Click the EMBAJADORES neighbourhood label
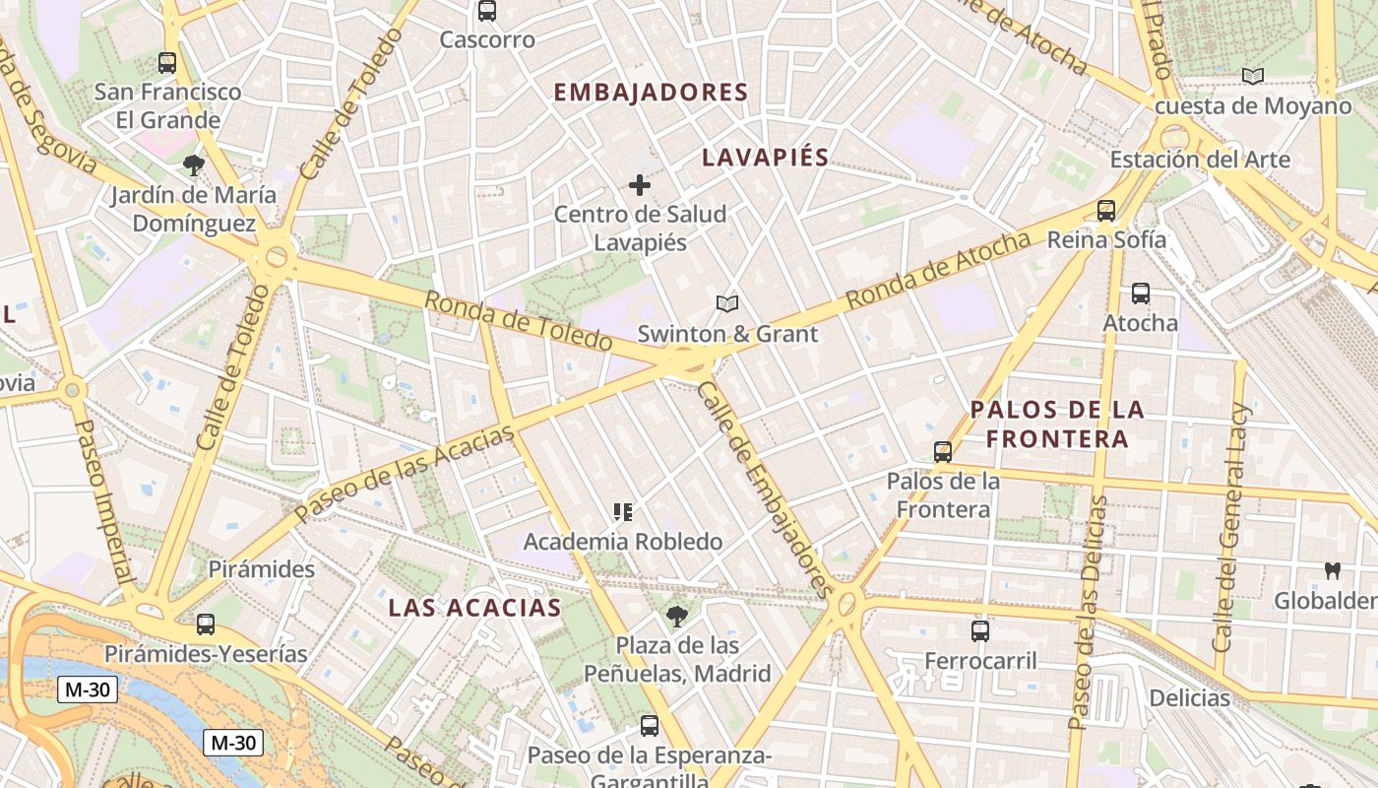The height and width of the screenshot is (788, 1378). click(x=651, y=93)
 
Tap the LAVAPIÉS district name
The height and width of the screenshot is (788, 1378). click(x=765, y=158)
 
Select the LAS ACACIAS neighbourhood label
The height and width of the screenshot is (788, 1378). click(x=474, y=607)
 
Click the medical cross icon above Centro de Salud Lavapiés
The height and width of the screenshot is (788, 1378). click(x=640, y=184)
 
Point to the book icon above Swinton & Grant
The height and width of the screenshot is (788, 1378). click(x=727, y=304)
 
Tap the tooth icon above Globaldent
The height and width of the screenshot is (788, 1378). click(x=1333, y=570)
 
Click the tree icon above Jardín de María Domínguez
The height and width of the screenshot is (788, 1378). click(x=194, y=164)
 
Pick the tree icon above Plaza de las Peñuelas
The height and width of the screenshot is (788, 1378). click(x=676, y=617)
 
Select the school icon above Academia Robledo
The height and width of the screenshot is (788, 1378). click(x=623, y=512)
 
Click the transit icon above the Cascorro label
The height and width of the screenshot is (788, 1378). click(x=486, y=11)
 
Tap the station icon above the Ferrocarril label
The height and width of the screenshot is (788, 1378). click(x=980, y=630)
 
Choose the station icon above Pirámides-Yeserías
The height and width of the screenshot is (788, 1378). click(x=206, y=624)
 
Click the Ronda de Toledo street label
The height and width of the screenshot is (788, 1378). click(x=519, y=321)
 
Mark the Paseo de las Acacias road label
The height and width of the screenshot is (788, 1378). click(x=405, y=473)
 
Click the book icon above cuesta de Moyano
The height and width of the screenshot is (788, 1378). click(x=1252, y=76)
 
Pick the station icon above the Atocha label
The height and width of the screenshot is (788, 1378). click(x=1140, y=293)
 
